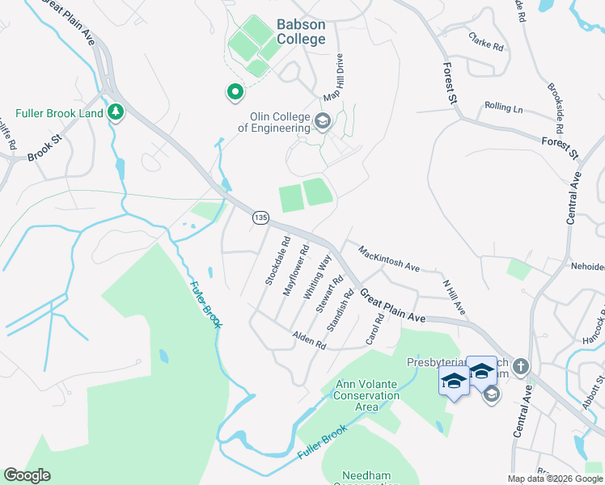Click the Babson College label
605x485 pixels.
tap(301, 32)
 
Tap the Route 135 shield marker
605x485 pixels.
tap(260, 217)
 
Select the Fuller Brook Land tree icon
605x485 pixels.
tap(116, 112)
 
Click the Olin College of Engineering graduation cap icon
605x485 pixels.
tap(323, 122)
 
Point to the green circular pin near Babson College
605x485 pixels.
tap(235, 94)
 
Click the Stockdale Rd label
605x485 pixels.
tap(277, 260)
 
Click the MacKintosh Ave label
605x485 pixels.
tap(388, 259)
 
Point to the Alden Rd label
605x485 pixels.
tap(309, 339)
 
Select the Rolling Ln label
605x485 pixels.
tap(503, 107)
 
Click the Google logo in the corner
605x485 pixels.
tap(27, 475)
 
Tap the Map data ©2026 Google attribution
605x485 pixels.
tap(555, 479)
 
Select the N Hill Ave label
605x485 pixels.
tap(454, 297)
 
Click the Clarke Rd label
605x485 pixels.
tap(486, 42)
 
